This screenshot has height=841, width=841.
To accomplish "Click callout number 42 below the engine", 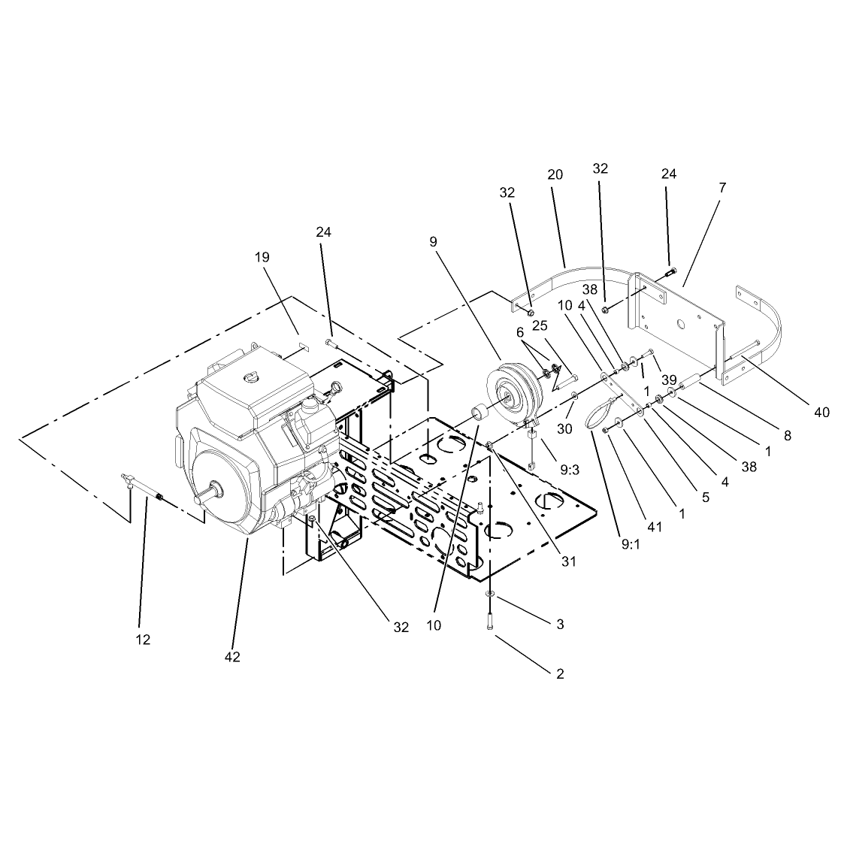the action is click(x=232, y=657).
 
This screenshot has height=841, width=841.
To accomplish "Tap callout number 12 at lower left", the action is click(x=144, y=640).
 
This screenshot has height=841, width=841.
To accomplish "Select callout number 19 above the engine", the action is click(x=262, y=257).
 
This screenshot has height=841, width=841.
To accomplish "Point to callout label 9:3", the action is click(x=570, y=470).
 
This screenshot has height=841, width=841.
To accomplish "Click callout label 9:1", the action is click(x=631, y=544).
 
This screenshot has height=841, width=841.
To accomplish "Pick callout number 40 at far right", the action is click(x=821, y=412).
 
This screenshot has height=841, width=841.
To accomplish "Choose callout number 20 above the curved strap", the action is click(x=555, y=174).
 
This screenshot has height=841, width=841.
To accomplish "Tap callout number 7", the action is click(x=722, y=188).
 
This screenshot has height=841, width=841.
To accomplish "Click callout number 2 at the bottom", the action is click(x=560, y=673).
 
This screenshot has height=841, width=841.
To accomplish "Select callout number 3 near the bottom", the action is click(x=560, y=624).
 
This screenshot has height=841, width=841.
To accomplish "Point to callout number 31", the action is click(x=568, y=561).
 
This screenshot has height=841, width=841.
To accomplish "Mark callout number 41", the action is click(x=655, y=528).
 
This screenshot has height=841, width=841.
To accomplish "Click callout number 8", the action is click(x=788, y=435).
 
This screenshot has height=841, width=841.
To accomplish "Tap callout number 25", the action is click(x=540, y=325).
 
